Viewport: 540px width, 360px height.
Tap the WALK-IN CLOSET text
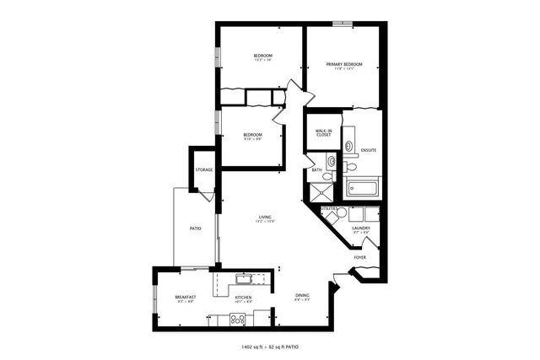(x=322, y=132)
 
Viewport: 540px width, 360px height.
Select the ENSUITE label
(x=368, y=150)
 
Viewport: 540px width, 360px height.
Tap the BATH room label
(x=317, y=170)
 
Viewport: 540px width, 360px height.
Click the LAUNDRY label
(x=361, y=228)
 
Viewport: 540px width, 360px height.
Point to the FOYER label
(x=359, y=257)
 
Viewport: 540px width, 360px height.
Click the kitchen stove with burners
(x=238, y=319)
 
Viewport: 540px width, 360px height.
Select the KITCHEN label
(x=243, y=298)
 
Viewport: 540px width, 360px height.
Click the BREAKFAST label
(x=186, y=298)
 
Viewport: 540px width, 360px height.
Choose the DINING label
(x=302, y=295)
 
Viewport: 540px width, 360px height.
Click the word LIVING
(x=265, y=218)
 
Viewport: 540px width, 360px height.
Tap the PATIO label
(x=194, y=228)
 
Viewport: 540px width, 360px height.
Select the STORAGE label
(x=203, y=170)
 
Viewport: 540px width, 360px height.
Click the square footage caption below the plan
(x=270, y=346)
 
